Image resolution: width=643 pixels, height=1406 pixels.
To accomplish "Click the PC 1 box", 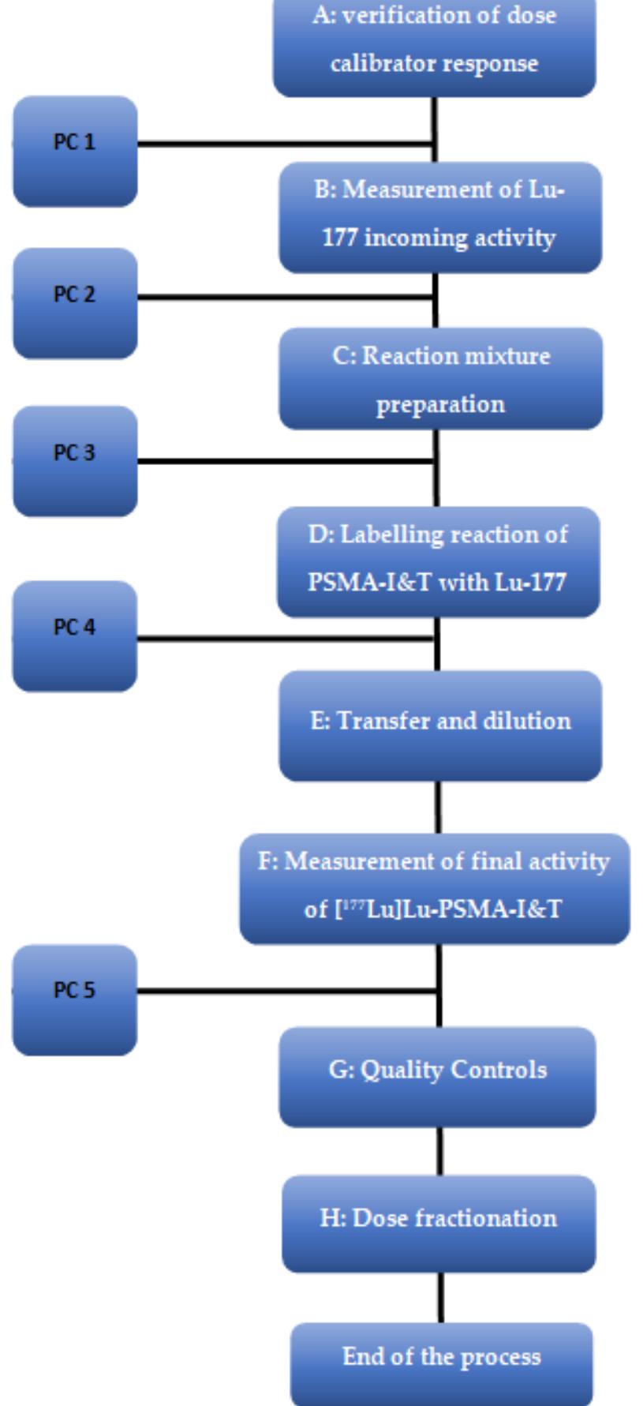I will pos(75,151).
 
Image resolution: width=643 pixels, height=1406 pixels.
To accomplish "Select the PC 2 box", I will pos(75,303).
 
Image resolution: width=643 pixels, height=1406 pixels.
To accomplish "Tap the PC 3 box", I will pos(75,461).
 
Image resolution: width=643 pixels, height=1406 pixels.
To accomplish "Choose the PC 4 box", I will pos(75,636).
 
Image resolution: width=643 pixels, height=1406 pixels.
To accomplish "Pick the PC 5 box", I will pos(75,999).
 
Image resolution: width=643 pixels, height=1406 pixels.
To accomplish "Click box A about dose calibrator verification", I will pos(434,43).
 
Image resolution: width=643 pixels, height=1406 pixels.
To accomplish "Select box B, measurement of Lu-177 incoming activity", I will pos(440,217).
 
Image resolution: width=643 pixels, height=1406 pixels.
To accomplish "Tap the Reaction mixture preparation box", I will pos(440,379).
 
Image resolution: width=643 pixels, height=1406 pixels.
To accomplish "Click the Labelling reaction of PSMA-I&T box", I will pos(438,561).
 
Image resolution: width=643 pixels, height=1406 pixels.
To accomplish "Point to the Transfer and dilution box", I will pos(440,725).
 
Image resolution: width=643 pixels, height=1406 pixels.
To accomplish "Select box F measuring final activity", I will pos(434,888).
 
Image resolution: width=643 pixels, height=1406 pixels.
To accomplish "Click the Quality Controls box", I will pos(438,1077).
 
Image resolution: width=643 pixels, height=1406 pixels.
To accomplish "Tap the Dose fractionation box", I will pos(439,1224).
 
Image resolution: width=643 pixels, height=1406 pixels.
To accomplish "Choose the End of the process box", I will pos(441,1362).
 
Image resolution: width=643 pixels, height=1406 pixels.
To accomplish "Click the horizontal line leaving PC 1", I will pos(284,144).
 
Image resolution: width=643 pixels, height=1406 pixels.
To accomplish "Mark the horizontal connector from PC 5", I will pos(284,990).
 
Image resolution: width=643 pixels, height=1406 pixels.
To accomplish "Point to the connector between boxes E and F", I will pos(439,807).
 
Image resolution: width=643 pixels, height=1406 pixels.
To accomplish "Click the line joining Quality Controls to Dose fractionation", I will pos(440,1151).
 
